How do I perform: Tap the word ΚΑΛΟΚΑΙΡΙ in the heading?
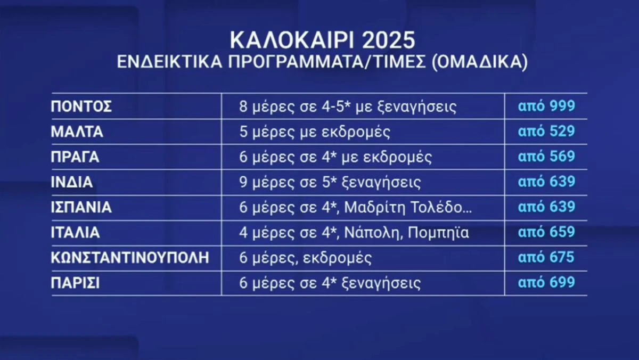tap(285, 41)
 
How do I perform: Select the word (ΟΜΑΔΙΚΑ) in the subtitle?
tap(478, 63)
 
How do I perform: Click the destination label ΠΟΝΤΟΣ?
tap(81, 107)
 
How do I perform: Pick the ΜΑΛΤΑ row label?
tap(77, 132)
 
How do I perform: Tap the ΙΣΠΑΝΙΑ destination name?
tap(81, 208)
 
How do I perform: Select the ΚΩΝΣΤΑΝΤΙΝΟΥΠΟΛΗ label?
tap(130, 258)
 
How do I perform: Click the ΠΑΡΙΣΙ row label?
tap(75, 283)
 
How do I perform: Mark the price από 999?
tap(546, 106)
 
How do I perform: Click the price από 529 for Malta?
tap(546, 132)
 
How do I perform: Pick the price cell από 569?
tap(546, 157)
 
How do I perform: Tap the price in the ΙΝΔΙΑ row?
tap(546, 182)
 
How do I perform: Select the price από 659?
tap(546, 233)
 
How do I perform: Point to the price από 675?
tap(546, 258)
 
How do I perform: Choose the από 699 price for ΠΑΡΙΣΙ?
tap(546, 283)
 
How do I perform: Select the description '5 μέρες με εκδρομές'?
tap(315, 132)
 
